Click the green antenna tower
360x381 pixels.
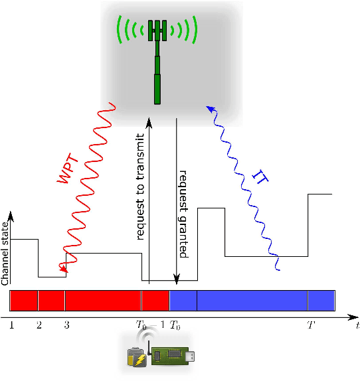tap(158, 63)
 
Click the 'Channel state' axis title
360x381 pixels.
tap(5, 252)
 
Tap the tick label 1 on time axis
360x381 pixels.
tap(12, 325)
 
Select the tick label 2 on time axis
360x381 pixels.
tap(39, 325)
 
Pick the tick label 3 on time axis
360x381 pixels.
tap(66, 325)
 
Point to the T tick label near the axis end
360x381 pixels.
tap(310, 325)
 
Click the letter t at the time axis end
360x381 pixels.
tap(357, 325)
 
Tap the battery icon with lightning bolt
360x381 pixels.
tap(137, 357)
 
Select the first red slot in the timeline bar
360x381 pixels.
tap(24, 300)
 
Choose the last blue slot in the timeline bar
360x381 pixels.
tap(321, 300)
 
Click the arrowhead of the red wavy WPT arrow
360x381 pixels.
tap(64, 269)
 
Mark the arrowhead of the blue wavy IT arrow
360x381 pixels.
tap(209, 108)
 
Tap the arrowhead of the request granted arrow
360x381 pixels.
tap(176, 282)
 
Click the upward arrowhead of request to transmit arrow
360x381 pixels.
tap(149, 122)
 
